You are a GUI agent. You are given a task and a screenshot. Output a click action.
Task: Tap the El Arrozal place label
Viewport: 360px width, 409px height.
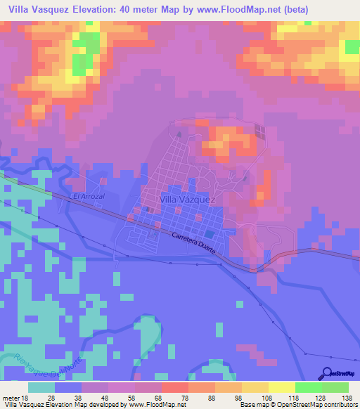coord(89,197)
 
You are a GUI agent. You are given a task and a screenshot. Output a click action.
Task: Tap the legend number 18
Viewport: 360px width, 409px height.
coord(28,397)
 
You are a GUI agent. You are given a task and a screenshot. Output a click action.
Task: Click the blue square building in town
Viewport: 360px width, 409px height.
coord(210,234)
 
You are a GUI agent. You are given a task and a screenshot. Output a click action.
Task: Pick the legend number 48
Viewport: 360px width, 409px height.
coord(108,397)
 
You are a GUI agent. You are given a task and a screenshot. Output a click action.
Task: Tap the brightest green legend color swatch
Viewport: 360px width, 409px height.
coord(308,387)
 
